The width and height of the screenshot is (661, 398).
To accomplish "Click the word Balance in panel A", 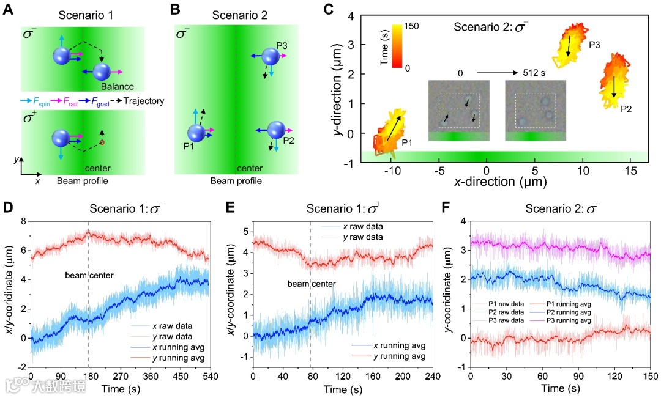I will (118, 86).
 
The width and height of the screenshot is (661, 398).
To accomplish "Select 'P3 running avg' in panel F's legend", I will (568, 320).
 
